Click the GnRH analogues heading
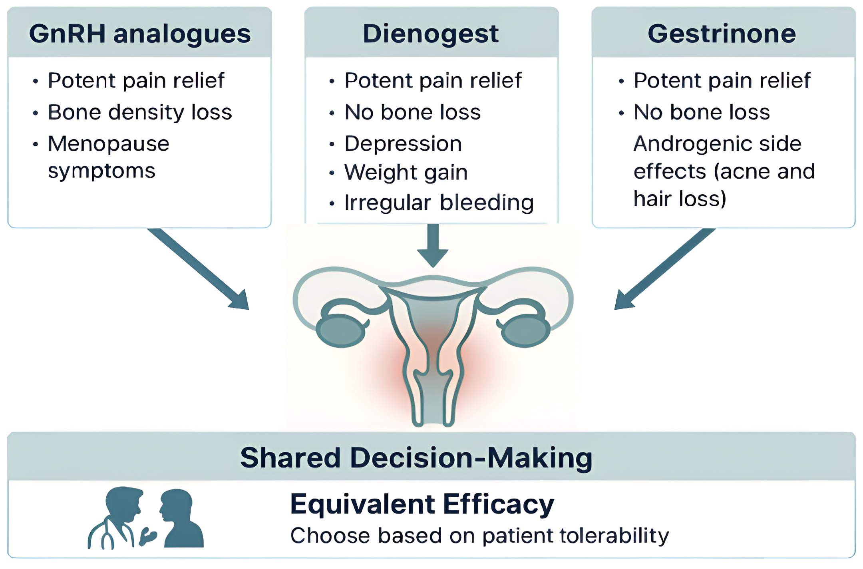click(140, 34)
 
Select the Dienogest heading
click(431, 34)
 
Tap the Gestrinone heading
click(722, 34)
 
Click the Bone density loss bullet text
click(140, 112)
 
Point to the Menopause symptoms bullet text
click(108, 157)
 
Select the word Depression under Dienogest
click(403, 144)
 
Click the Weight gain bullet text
click(406, 173)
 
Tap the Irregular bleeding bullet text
click(439, 203)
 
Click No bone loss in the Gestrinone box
click(702, 112)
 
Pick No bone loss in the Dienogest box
click(412, 112)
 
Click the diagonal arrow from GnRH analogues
click(200, 270)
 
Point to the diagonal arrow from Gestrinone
click(663, 270)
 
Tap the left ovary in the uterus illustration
click(340, 330)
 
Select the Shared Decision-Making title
click(416, 458)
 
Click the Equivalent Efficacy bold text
click(422, 504)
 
